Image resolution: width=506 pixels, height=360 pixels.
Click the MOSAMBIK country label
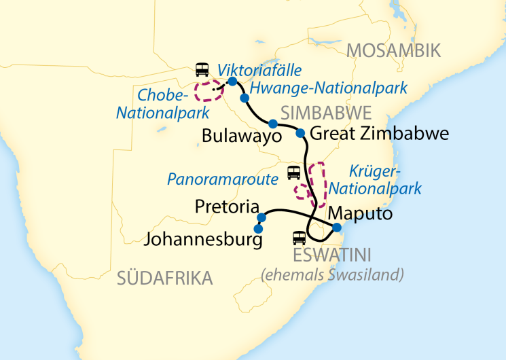[x=393, y=50]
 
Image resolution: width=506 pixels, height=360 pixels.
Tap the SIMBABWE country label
[x=326, y=112]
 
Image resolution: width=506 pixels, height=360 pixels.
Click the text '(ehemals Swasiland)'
[x=333, y=274]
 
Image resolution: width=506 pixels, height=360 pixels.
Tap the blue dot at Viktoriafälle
[x=232, y=82]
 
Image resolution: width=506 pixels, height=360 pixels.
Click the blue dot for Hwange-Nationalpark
[x=245, y=98]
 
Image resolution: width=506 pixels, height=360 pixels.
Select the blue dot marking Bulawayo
[x=272, y=124]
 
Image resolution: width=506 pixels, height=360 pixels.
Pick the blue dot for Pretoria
[x=261, y=217]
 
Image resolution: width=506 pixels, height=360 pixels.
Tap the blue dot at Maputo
[x=336, y=227]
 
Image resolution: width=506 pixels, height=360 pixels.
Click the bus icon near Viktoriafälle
[x=202, y=69]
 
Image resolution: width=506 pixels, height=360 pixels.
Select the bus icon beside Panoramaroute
[x=293, y=173]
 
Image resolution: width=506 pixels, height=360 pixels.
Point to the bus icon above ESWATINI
[x=298, y=238]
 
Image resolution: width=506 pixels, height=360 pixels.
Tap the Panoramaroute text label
[x=223, y=180]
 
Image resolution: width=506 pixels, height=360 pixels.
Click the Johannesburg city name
[x=202, y=240]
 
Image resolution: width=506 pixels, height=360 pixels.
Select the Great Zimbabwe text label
[x=380, y=134]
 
